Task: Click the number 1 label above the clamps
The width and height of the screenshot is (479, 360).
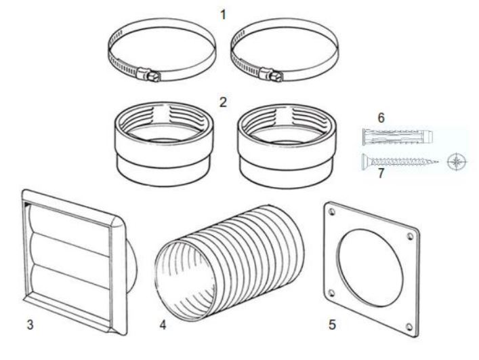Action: click(x=224, y=13)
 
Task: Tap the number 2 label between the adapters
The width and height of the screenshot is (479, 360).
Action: click(x=223, y=102)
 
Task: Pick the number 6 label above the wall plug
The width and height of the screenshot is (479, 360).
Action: click(x=381, y=117)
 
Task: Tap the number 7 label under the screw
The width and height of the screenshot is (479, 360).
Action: click(x=381, y=174)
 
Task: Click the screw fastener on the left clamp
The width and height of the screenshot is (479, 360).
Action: click(x=150, y=72)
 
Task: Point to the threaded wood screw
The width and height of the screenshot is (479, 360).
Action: click(x=400, y=161)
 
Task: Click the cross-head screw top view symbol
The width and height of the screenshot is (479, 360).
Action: click(x=458, y=161)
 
